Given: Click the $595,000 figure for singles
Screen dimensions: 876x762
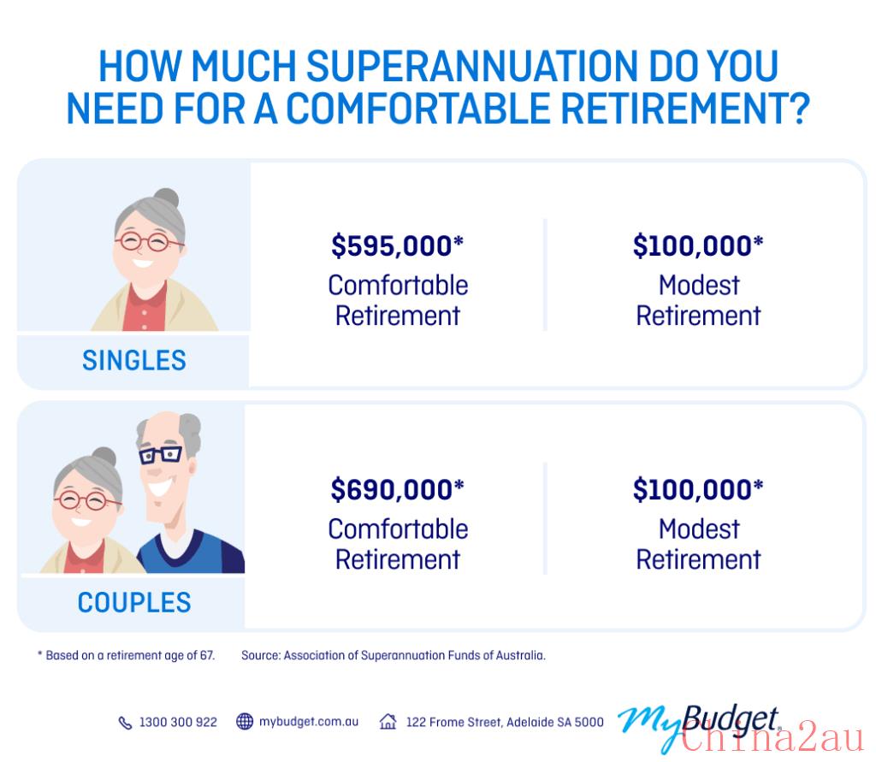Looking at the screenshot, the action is pyautogui.click(x=397, y=246).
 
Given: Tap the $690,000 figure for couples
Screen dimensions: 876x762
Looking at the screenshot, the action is pyautogui.click(x=397, y=490).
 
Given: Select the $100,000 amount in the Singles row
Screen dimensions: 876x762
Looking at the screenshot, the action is pyautogui.click(x=698, y=246).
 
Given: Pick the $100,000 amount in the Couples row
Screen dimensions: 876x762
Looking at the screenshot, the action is pyautogui.click(x=698, y=490).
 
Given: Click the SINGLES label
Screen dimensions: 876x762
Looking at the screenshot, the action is pyautogui.click(x=134, y=360).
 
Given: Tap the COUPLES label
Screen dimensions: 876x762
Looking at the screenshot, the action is pyautogui.click(x=134, y=603).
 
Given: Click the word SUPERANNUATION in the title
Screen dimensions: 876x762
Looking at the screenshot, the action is pyautogui.click(x=472, y=66).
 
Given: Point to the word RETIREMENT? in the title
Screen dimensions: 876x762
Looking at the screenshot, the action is pyautogui.click(x=685, y=109).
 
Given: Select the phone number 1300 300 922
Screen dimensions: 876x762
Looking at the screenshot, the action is pyautogui.click(x=178, y=723).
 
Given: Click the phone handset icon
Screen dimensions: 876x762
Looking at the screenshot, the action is pyautogui.click(x=125, y=723).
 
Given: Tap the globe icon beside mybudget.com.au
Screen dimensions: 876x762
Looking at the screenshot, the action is pyautogui.click(x=245, y=722).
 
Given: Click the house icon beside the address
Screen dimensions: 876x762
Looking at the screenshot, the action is pyautogui.click(x=388, y=722).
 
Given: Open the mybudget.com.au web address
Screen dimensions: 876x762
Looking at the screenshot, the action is pyautogui.click(x=308, y=722).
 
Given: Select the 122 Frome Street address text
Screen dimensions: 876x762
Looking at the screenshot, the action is pyautogui.click(x=505, y=723).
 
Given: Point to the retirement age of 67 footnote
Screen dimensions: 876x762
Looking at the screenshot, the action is pyautogui.click(x=127, y=655).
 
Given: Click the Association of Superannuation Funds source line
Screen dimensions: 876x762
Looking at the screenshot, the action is pyautogui.click(x=394, y=655).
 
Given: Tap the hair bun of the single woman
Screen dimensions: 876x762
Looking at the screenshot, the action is pyautogui.click(x=167, y=198).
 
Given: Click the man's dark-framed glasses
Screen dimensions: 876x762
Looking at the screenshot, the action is pyautogui.click(x=160, y=455).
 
